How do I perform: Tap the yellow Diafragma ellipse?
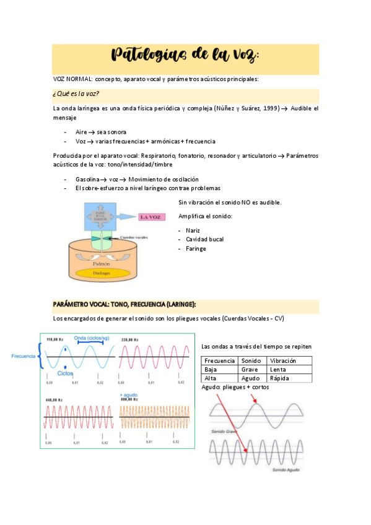click(x=103, y=272)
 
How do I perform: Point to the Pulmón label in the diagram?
click(x=102, y=262)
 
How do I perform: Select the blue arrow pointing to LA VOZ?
click(x=130, y=217)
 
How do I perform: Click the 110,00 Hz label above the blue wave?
click(x=56, y=339)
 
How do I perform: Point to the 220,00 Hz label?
click(x=131, y=339)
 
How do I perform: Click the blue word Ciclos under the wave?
click(x=65, y=373)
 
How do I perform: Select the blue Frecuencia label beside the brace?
click(x=24, y=356)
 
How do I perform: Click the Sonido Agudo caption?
click(x=286, y=471)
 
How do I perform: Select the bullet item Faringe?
click(x=196, y=248)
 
